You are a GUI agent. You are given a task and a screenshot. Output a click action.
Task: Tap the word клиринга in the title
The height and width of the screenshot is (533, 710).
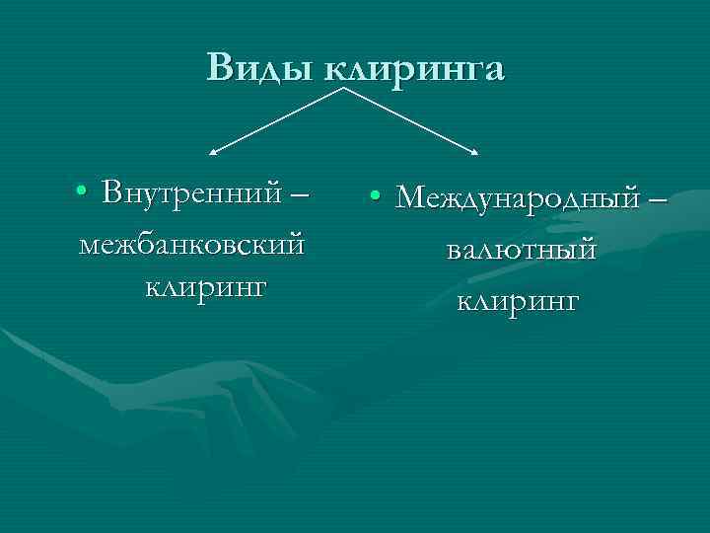(414, 68)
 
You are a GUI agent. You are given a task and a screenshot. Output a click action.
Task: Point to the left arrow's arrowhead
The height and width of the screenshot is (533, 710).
(212, 153)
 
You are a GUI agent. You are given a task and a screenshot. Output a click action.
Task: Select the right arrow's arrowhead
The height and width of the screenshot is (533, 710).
(477, 153)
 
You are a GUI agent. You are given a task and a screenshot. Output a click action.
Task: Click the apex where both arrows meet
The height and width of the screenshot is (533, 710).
(345, 89)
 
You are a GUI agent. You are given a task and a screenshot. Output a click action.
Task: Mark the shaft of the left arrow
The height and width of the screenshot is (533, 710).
(278, 121)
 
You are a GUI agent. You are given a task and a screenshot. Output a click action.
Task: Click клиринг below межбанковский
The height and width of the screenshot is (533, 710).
(206, 287)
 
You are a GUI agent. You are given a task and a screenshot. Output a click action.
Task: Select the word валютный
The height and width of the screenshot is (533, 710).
(520, 250)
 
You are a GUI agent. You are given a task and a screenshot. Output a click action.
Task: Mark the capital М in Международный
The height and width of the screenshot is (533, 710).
(412, 196)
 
